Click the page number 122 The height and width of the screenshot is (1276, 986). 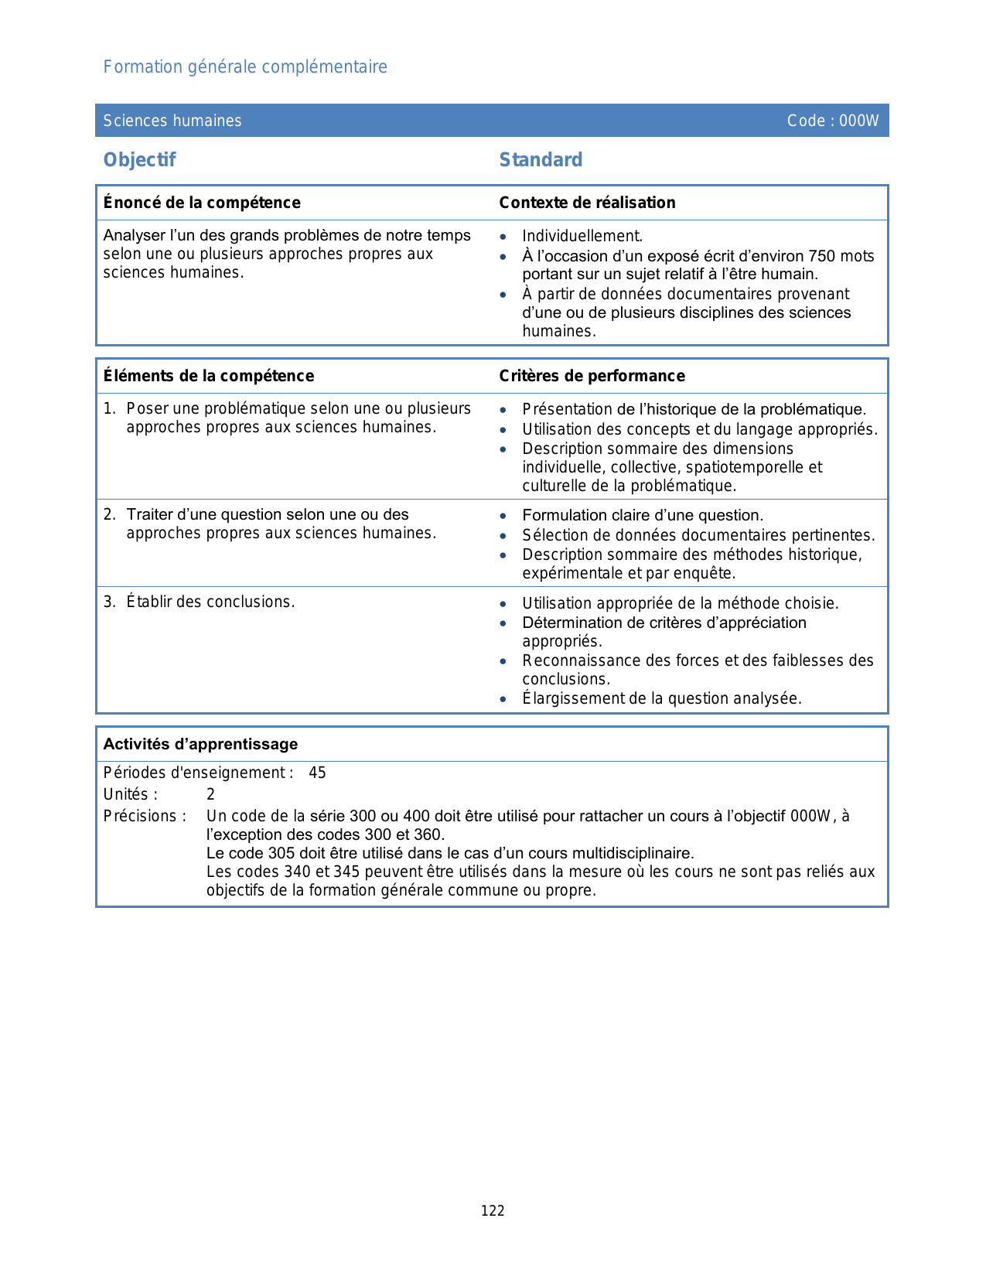click(493, 1211)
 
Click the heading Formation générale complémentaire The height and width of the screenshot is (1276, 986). click(245, 67)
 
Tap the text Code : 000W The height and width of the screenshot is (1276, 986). click(832, 121)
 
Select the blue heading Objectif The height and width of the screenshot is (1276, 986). click(140, 160)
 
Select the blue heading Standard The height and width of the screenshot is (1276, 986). click(541, 160)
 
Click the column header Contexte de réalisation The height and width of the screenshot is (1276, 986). click(587, 203)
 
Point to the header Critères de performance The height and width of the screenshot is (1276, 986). click(592, 376)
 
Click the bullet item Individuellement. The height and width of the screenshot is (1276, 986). click(582, 236)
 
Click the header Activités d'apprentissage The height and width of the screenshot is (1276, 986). click(200, 744)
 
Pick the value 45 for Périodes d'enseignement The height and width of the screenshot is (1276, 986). click(317, 773)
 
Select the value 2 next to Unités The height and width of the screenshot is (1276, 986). click(210, 794)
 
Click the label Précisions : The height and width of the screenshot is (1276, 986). click(145, 816)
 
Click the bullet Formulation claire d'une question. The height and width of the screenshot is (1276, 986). click(643, 515)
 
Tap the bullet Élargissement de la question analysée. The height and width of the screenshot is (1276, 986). click(662, 698)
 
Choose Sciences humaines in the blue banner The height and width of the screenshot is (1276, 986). click(172, 121)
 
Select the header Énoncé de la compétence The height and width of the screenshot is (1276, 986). click(202, 203)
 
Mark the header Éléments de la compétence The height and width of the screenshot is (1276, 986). click(209, 376)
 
